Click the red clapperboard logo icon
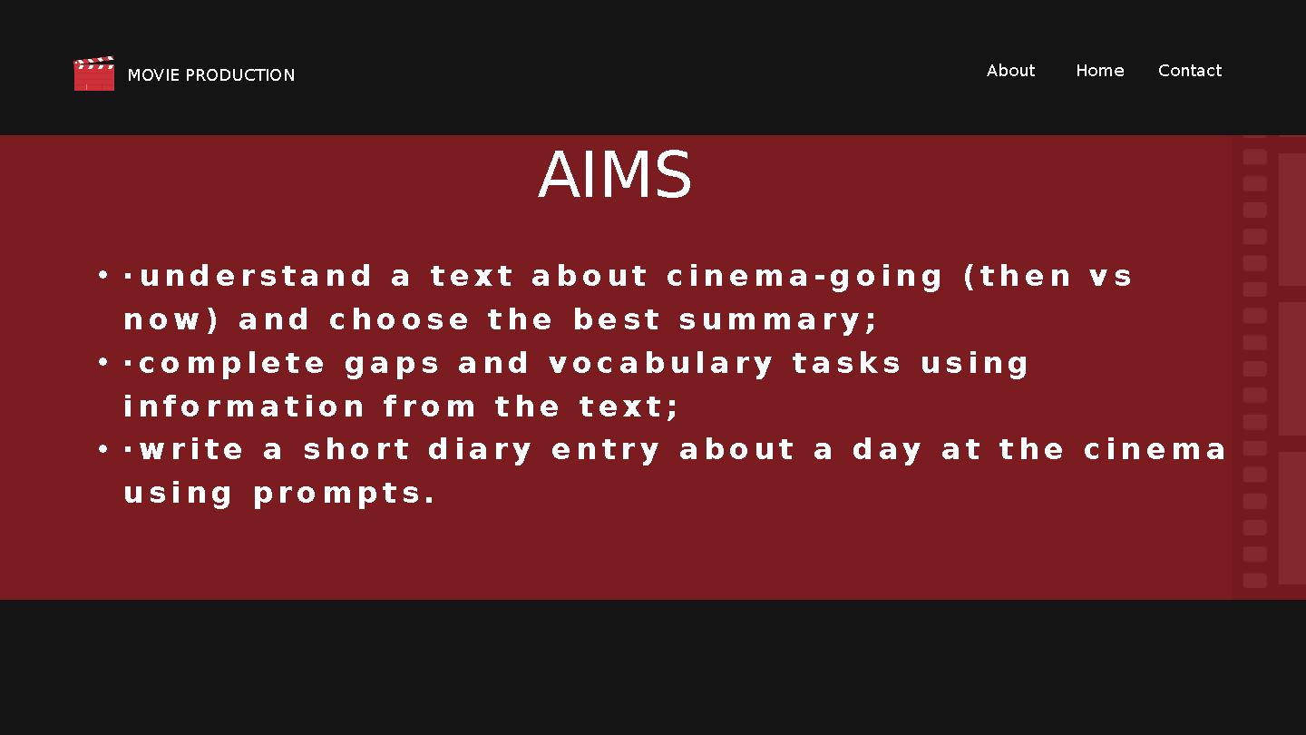click(x=94, y=73)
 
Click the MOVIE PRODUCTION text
click(x=211, y=75)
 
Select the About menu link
click(x=1010, y=71)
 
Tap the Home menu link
click(x=1099, y=71)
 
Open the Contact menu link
click(x=1189, y=71)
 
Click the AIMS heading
click(x=615, y=175)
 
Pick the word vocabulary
click(x=661, y=363)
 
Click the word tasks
click(x=847, y=363)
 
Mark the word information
click(x=244, y=407)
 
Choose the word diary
click(x=480, y=450)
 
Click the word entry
click(x=607, y=450)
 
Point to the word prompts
click(x=344, y=494)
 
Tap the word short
click(x=356, y=450)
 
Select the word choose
click(x=399, y=319)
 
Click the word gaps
click(x=392, y=364)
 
